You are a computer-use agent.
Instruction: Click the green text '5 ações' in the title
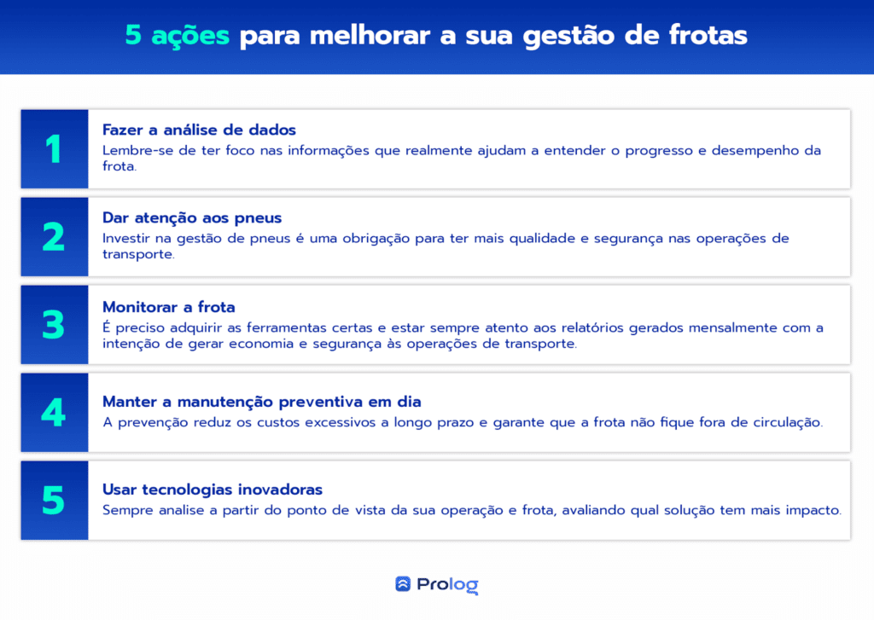[x=177, y=36]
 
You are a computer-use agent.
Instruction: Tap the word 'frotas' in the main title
[x=708, y=35]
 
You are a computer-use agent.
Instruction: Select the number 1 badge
[x=55, y=149]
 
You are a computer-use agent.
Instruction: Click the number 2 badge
[x=55, y=237]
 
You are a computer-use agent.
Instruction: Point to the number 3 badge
[x=55, y=325]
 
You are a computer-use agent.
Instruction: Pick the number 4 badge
[x=55, y=412]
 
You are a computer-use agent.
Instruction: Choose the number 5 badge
[x=55, y=501]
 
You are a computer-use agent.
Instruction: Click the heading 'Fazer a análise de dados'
[x=199, y=130]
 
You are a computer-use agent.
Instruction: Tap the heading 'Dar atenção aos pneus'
[x=192, y=218]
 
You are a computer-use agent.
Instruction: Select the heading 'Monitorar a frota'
[x=169, y=307]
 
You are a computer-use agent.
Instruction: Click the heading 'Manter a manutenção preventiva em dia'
[x=262, y=403]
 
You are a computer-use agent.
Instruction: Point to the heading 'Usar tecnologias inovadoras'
[x=213, y=490]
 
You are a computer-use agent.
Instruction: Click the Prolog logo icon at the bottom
[x=403, y=584]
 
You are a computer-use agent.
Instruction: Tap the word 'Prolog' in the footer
[x=447, y=585]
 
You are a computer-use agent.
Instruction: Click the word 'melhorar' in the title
[x=370, y=36]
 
